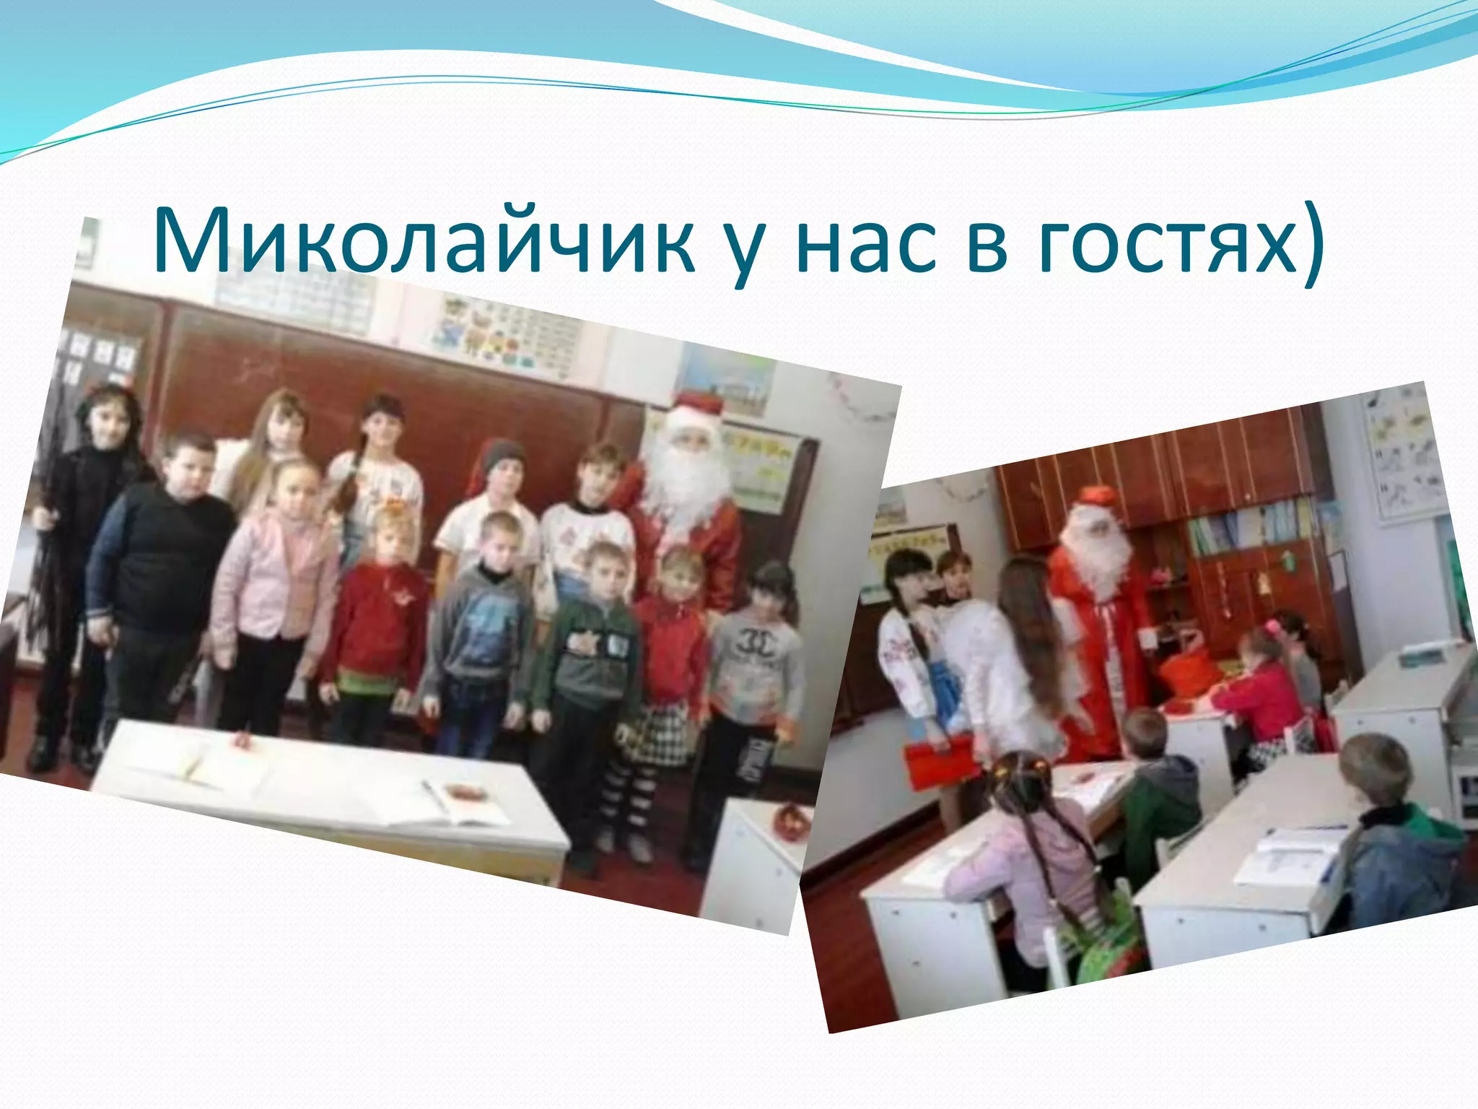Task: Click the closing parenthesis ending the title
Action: pos(1311,242)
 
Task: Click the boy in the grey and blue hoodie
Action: pos(480,628)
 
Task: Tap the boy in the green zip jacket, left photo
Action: pos(588,650)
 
